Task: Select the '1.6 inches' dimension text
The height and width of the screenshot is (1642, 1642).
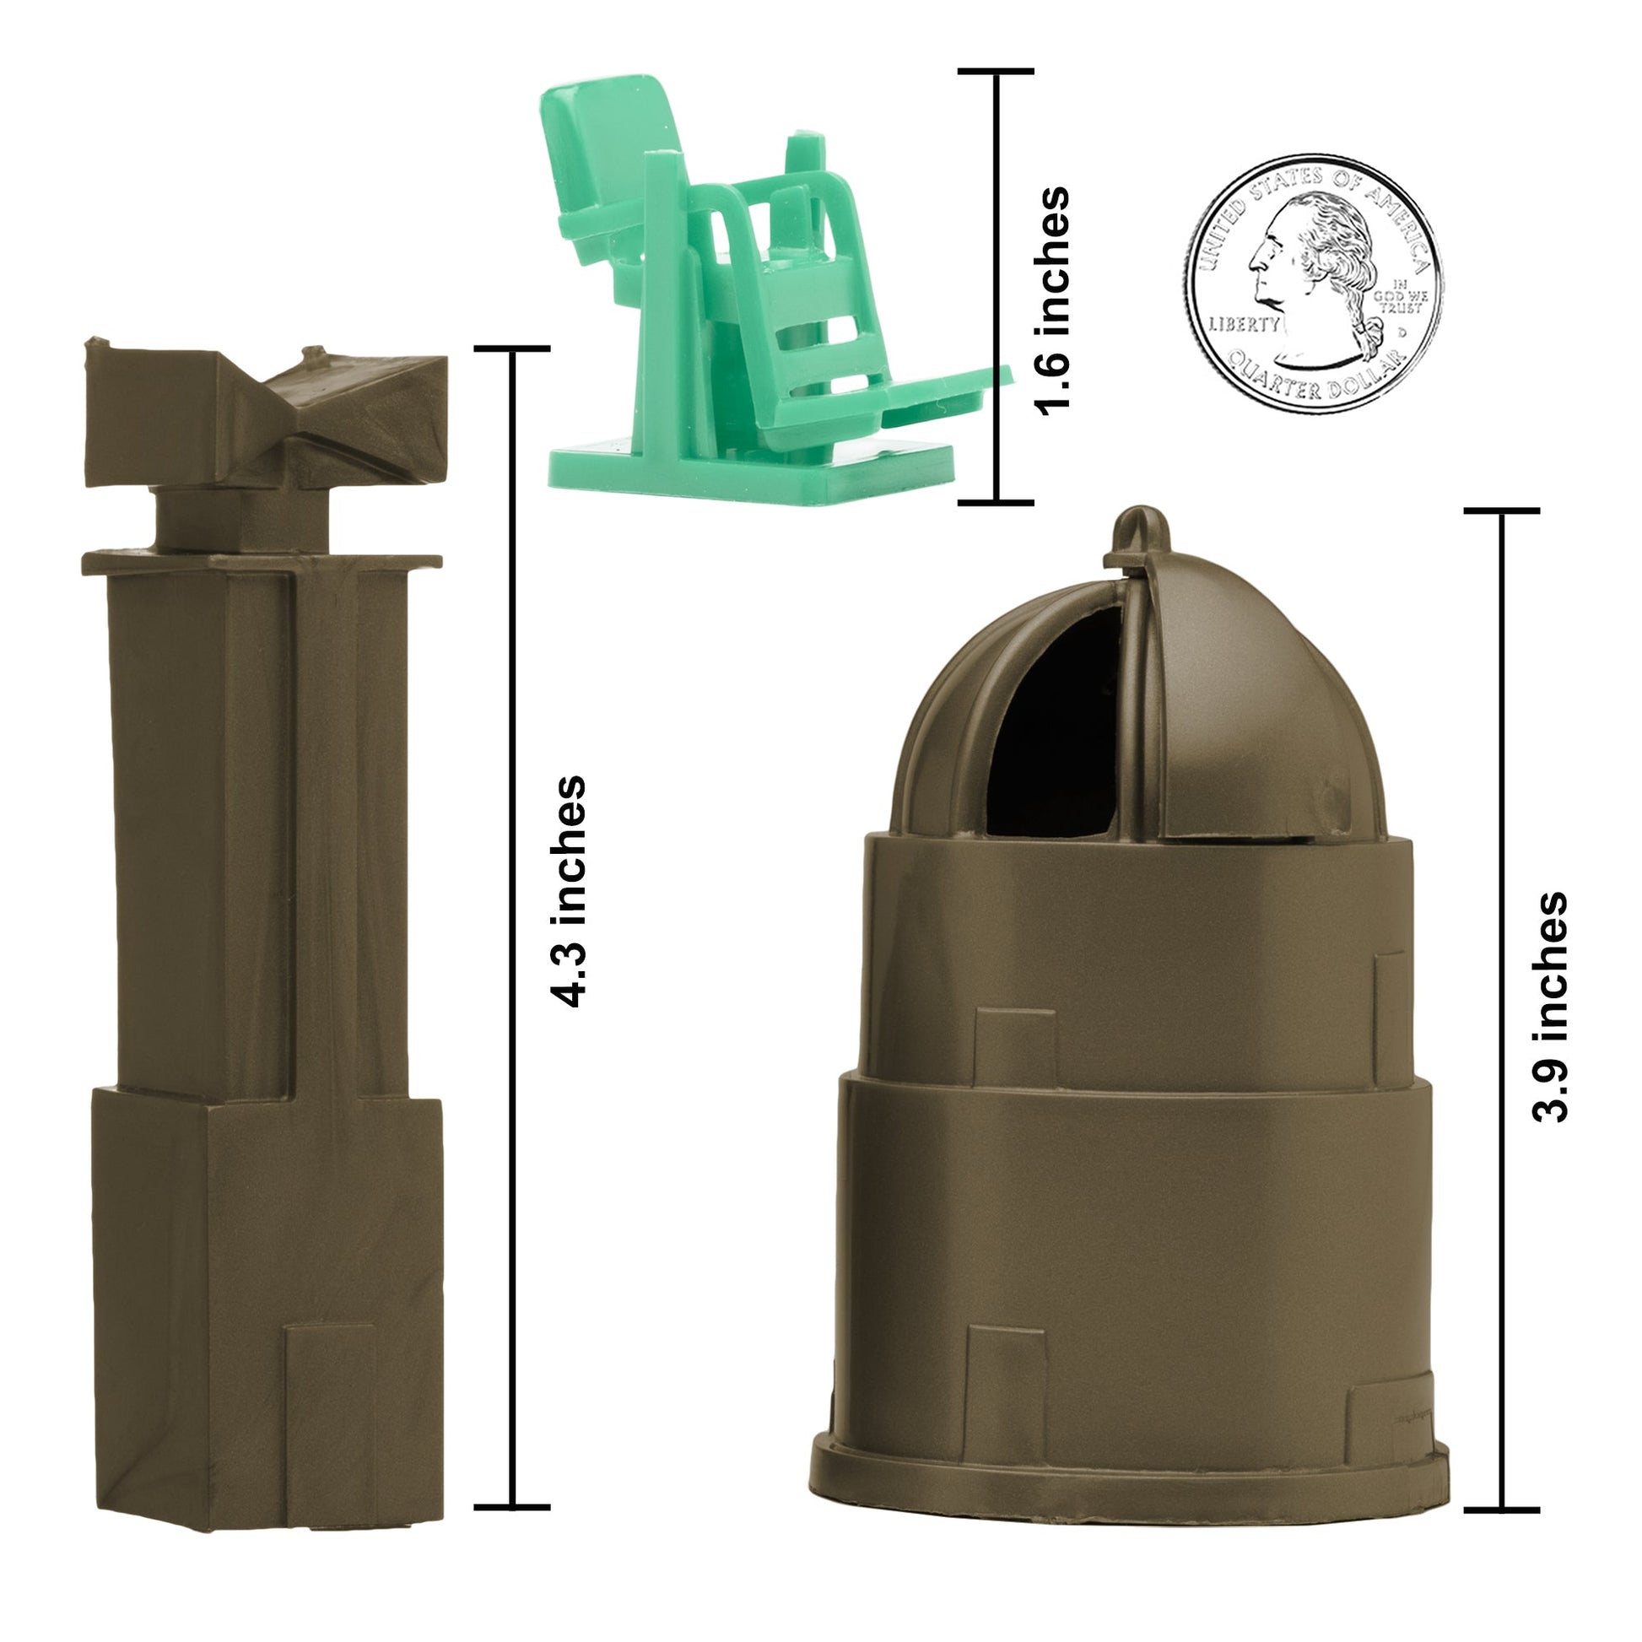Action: (x=1051, y=301)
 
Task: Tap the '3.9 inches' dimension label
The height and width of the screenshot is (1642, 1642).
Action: (x=1550, y=1007)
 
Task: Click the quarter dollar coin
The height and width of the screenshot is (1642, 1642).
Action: (x=1312, y=284)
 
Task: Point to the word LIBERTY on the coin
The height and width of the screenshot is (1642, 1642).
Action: (x=1244, y=324)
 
